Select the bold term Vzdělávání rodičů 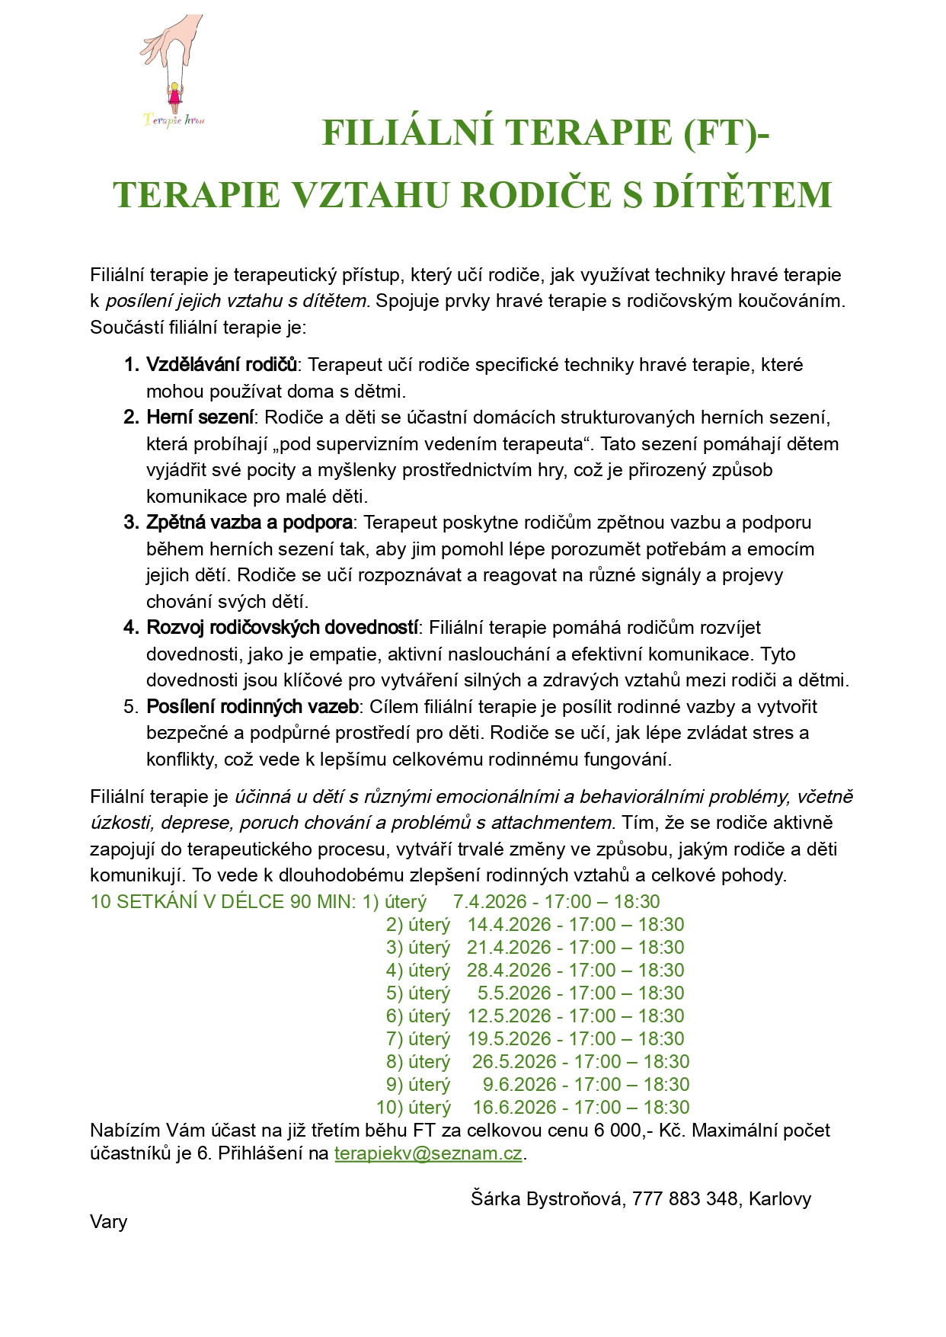tap(221, 365)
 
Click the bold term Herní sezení tap(200, 417)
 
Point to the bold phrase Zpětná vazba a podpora tap(249, 523)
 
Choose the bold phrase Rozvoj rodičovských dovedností tap(282, 628)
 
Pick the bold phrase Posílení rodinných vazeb tap(252, 707)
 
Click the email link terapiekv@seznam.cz tap(428, 1153)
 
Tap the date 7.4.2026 tap(490, 902)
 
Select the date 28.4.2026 tap(509, 971)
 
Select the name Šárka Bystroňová tap(548, 1199)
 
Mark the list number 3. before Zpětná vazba tap(131, 523)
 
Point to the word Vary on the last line tap(108, 1222)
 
